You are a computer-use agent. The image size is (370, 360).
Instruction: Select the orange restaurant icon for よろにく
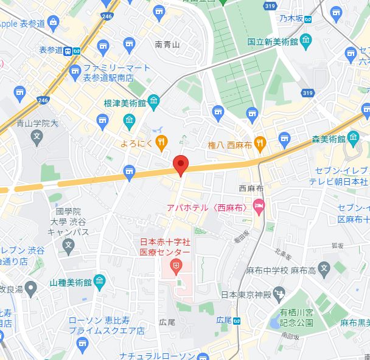click(161, 144)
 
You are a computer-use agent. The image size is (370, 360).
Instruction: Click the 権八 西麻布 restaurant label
click(231, 144)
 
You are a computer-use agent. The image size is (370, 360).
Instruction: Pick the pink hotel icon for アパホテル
click(259, 207)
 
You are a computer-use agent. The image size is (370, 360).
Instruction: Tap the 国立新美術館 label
click(272, 42)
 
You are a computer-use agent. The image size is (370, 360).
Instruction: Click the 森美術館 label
click(328, 139)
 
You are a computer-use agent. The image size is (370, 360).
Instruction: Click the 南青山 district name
click(167, 44)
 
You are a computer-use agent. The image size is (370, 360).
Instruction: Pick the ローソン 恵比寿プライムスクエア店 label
click(106, 325)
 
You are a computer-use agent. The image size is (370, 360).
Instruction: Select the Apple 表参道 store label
click(23, 23)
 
